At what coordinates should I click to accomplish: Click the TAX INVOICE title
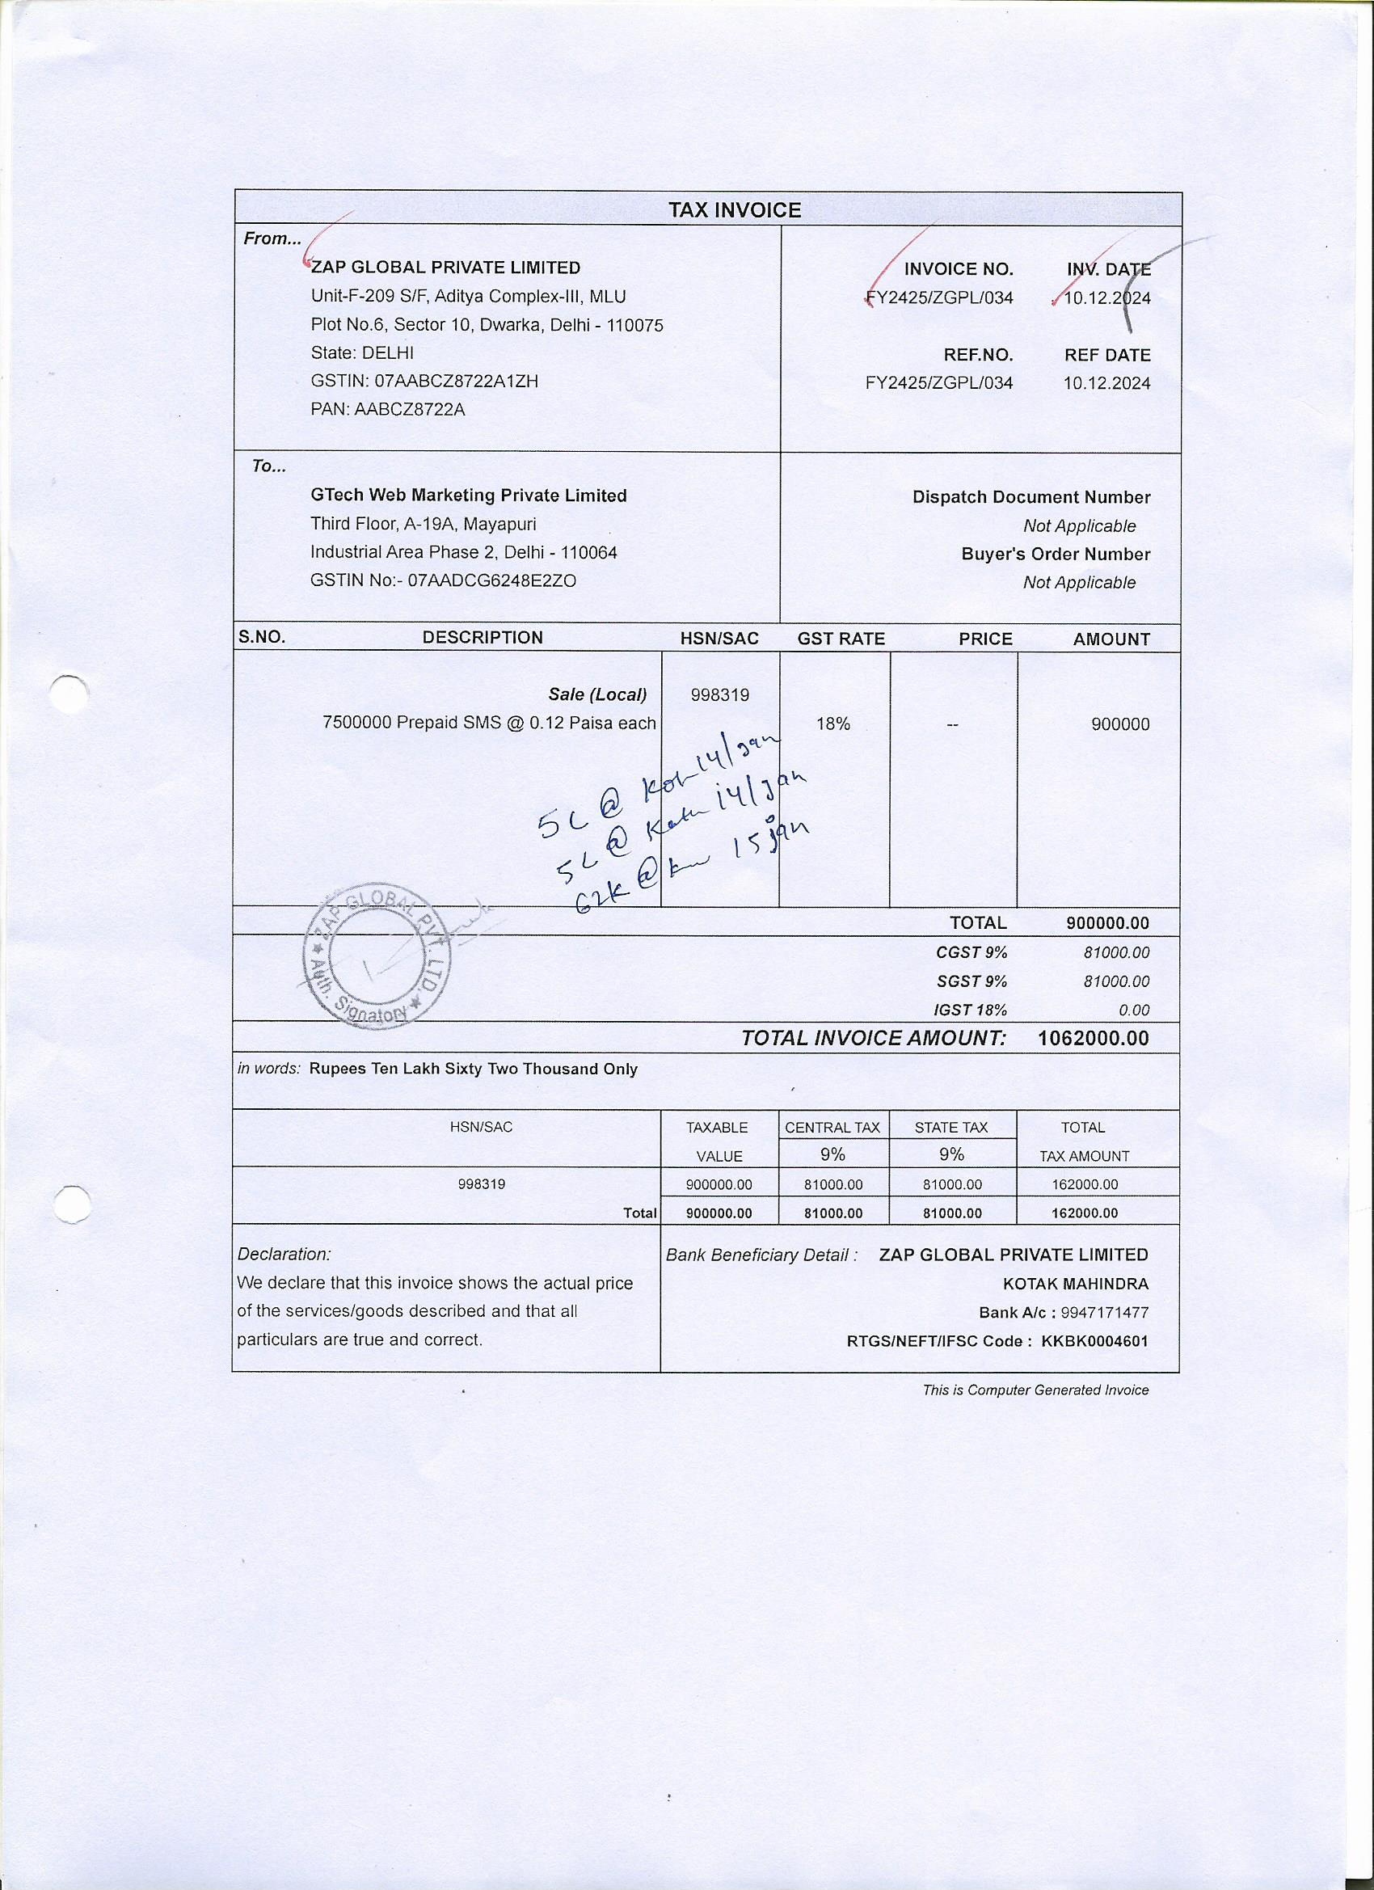click(x=734, y=210)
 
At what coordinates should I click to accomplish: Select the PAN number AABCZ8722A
click(x=409, y=409)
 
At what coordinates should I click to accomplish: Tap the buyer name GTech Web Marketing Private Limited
click(x=468, y=495)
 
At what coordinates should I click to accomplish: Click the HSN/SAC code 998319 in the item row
click(x=720, y=694)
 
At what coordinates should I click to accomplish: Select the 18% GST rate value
click(x=833, y=724)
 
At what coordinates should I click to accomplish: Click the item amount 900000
click(x=1120, y=724)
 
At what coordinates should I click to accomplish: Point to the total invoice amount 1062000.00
click(x=1094, y=1037)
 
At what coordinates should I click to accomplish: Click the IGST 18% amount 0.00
click(x=1134, y=1010)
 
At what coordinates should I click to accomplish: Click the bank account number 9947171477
click(x=1105, y=1313)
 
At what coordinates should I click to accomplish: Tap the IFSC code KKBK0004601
click(x=1095, y=1341)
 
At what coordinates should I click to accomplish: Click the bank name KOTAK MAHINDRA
click(x=1076, y=1284)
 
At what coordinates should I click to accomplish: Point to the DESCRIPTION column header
click(x=483, y=638)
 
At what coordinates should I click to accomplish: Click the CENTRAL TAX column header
click(x=832, y=1128)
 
